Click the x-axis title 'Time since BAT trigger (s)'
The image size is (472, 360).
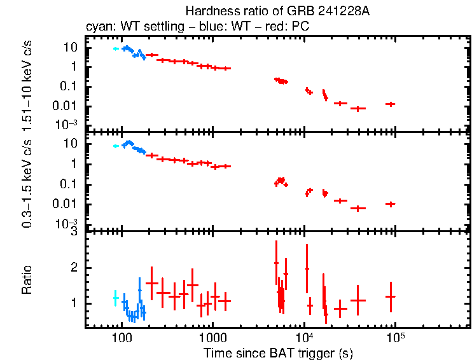(x=278, y=352)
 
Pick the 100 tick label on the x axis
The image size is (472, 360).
(x=121, y=337)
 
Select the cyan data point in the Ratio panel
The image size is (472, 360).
(x=115, y=297)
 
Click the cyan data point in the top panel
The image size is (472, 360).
(x=115, y=48)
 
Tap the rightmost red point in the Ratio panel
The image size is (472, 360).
(x=391, y=296)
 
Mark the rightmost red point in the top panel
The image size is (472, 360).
(x=391, y=104)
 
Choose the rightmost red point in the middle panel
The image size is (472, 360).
(x=391, y=204)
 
